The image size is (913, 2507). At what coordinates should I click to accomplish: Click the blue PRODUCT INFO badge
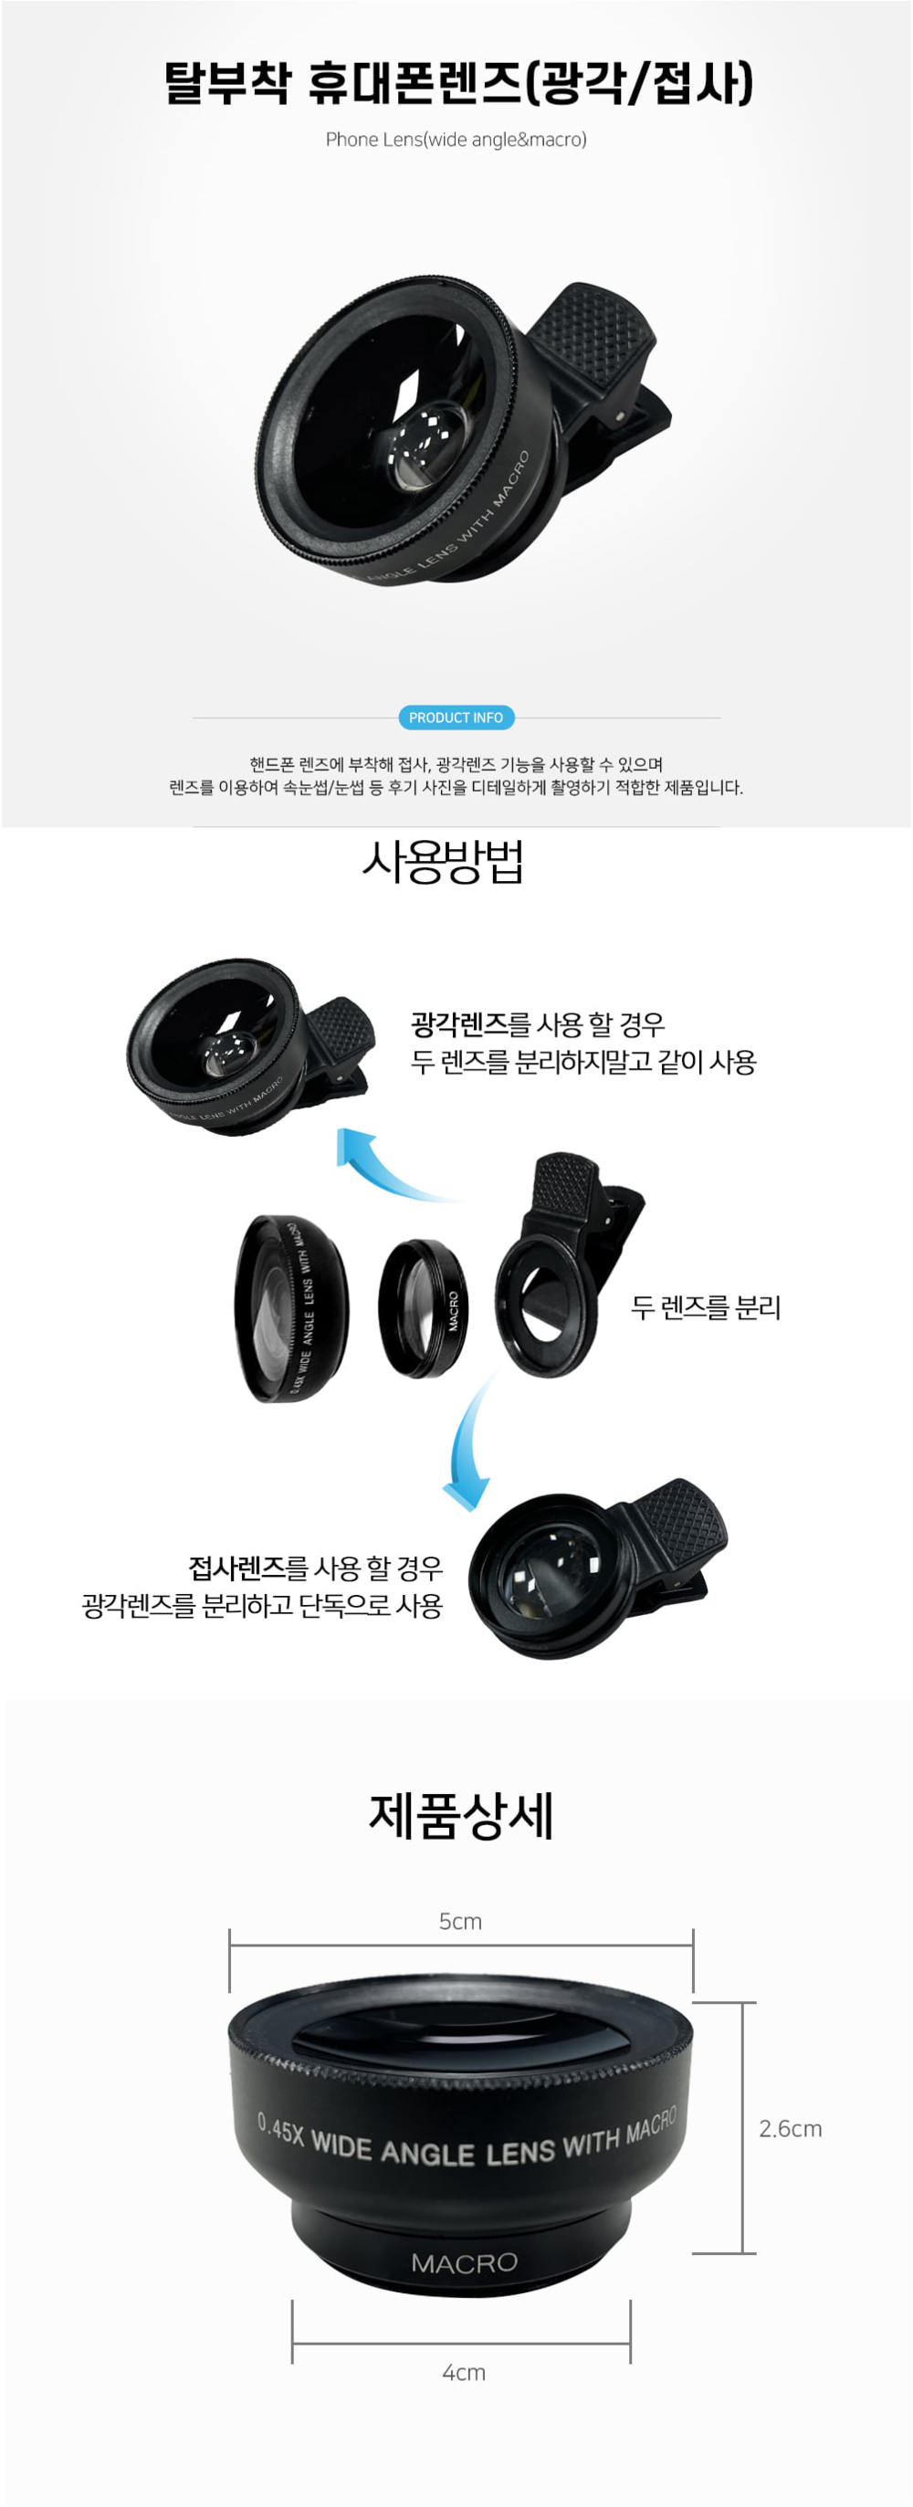pos(456,718)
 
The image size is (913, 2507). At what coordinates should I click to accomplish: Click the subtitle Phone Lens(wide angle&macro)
pos(456,139)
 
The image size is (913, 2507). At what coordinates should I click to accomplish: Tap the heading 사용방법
pos(443,861)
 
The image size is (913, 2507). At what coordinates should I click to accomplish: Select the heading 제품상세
pos(460,1816)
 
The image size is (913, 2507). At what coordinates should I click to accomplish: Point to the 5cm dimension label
pos(460,1921)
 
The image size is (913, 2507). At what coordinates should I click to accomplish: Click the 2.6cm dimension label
pos(791,2128)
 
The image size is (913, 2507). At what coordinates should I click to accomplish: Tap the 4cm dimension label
pos(463,2372)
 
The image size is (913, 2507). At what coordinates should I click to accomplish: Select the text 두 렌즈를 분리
pos(706,1307)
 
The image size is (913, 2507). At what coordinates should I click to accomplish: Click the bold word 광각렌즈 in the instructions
pos(459,1023)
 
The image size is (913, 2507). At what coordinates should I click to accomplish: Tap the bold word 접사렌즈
pos(236,1568)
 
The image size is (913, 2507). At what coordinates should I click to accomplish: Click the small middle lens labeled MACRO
pos(423,1308)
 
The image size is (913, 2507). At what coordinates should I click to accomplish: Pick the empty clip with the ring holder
pos(564,1265)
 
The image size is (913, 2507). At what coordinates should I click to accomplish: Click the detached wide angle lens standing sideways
pos(291,1308)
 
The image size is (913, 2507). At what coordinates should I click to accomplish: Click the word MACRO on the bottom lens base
pos(465,2262)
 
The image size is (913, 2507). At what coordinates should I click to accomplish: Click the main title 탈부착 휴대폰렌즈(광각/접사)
pos(457,82)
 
